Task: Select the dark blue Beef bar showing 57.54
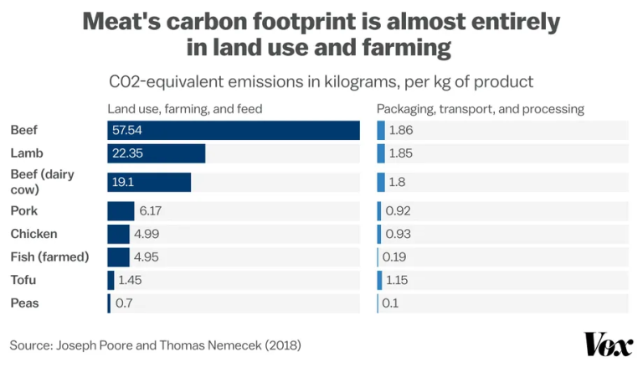tap(234, 131)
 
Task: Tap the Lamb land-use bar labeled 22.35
tap(157, 153)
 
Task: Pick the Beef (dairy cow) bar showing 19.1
tap(149, 182)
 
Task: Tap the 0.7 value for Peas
tap(124, 303)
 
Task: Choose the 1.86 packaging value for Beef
tap(401, 131)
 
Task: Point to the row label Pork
tap(23, 211)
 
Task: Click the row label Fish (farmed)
tap(49, 256)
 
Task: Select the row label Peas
tap(24, 303)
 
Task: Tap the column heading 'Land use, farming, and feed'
tap(184, 109)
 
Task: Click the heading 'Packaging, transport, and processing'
tap(480, 109)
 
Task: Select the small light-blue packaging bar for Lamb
tap(381, 153)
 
